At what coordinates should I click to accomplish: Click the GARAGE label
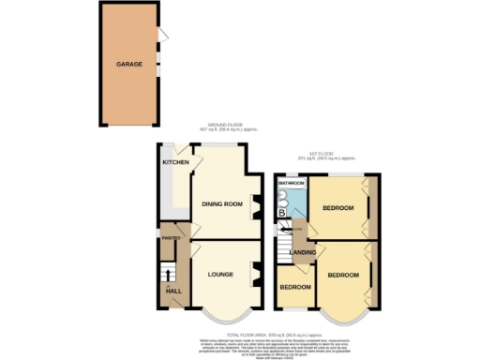click(x=128, y=66)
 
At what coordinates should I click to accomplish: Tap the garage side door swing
click(x=164, y=36)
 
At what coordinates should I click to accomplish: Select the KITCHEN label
click(x=175, y=162)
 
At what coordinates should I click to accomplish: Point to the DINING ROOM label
click(x=222, y=203)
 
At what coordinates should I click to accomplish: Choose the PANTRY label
click(x=171, y=238)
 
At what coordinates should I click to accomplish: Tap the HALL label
click(x=173, y=291)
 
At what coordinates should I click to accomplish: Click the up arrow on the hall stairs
click(x=170, y=273)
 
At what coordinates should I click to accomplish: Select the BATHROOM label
click(x=292, y=183)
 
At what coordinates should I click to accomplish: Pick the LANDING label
click(x=302, y=252)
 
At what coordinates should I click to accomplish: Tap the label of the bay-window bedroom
click(x=342, y=275)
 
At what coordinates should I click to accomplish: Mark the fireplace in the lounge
click(x=255, y=276)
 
